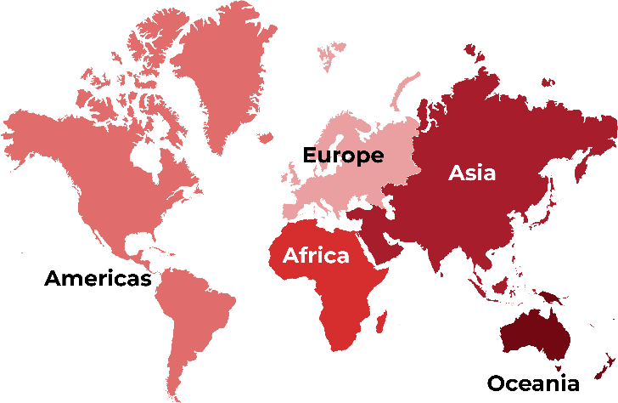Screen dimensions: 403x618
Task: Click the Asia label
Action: [x=472, y=173]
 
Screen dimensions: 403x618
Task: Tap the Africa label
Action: [x=316, y=255]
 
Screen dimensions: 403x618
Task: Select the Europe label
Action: [x=344, y=156]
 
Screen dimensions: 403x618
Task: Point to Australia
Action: [x=535, y=336]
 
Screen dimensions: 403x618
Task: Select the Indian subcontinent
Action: [x=441, y=247]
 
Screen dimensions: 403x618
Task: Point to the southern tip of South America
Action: [x=175, y=395]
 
